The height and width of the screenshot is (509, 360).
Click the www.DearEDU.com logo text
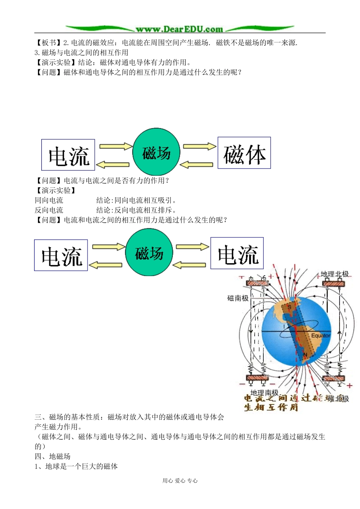coord(179,29)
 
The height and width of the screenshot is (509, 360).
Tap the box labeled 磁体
coord(244,153)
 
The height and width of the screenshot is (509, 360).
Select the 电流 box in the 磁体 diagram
coord(68,155)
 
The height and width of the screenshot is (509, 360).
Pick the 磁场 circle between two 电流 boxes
coord(149,252)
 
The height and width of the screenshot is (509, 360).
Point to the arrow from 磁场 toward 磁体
coord(199,146)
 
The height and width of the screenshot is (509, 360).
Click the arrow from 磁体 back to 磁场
coord(196,165)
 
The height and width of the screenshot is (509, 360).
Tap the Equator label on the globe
coord(321,336)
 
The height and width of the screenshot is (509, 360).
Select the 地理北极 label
coord(335,274)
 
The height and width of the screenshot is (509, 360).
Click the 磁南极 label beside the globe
coord(238,298)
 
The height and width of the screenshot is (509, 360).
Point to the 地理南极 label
coord(264,393)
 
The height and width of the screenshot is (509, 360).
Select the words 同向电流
coord(49,200)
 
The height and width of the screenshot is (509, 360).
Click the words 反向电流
coord(49,210)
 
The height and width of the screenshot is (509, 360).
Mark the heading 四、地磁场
coord(53,456)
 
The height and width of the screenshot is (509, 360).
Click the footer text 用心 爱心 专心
coord(180,481)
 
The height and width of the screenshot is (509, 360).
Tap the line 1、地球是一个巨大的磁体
coord(76,466)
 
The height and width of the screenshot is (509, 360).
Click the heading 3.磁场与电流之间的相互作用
coord(81,53)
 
